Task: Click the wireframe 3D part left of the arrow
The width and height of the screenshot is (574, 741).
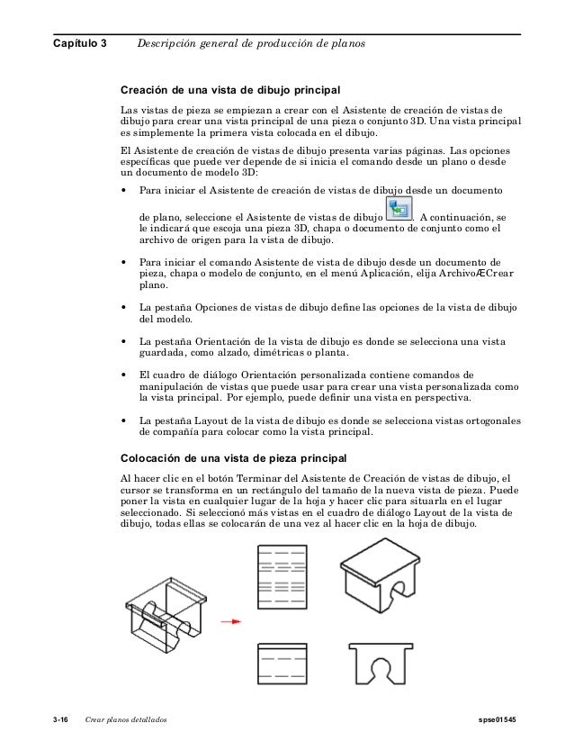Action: coord(167,612)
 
